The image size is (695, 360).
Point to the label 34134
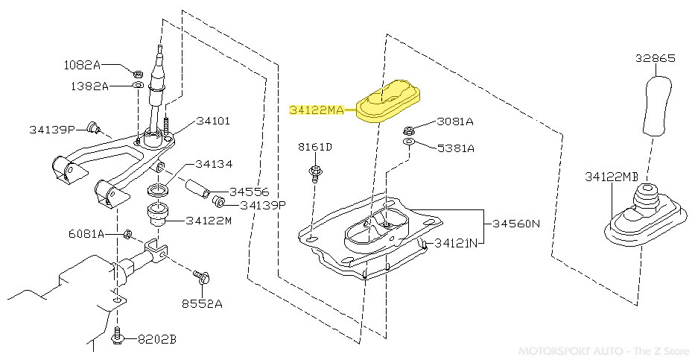[215, 164]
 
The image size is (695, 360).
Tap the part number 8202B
[156, 339]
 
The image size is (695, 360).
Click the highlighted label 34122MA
[316, 110]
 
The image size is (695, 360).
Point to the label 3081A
[454, 121]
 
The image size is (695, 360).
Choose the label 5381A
[454, 148]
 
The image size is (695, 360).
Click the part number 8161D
[315, 147]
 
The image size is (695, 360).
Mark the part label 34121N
[458, 242]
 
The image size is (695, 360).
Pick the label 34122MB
[612, 177]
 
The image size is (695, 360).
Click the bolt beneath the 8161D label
[316, 174]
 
